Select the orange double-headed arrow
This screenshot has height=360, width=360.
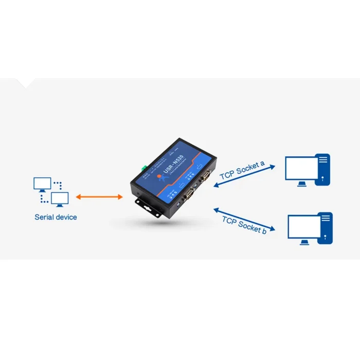click(99, 197)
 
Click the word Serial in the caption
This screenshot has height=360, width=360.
click(44, 217)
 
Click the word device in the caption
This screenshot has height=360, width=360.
click(66, 217)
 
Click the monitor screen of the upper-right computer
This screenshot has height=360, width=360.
click(302, 168)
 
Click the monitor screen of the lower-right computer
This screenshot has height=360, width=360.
click(304, 226)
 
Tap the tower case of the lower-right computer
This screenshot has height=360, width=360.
click(325, 228)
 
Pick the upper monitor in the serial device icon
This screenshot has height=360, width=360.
click(42, 183)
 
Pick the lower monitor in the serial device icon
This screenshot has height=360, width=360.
click(60, 198)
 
